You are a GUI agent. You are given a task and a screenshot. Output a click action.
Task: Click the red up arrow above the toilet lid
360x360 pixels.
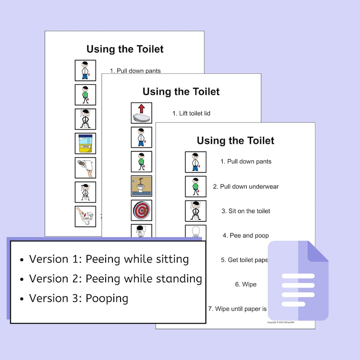point(141,108)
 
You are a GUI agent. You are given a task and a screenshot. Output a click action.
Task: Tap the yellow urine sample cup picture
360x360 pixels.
point(85,143)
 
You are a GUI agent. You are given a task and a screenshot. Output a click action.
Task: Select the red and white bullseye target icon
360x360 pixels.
point(141,210)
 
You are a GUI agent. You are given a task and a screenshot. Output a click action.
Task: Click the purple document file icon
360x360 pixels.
point(298,281)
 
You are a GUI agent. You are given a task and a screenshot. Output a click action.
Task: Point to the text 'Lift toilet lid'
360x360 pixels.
point(191,113)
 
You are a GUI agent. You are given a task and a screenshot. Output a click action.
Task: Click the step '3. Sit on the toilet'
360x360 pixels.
point(245,211)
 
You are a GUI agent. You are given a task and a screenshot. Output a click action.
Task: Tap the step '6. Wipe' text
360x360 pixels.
point(245,284)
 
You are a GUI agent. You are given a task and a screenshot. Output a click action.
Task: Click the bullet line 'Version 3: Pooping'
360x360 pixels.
point(78,298)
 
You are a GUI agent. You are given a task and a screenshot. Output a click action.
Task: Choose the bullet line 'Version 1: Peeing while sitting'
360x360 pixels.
point(109,259)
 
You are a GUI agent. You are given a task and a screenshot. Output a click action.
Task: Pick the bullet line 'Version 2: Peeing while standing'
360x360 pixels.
point(115,278)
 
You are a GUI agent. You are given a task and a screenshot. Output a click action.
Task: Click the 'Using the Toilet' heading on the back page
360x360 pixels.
point(125,49)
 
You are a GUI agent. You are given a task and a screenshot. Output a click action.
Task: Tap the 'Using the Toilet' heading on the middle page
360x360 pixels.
point(181,92)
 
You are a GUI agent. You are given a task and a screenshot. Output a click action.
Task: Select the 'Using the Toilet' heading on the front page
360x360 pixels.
point(235,141)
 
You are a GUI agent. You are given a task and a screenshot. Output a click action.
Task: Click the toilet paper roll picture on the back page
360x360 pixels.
point(85,168)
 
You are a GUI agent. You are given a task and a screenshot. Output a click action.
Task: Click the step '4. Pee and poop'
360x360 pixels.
point(245,235)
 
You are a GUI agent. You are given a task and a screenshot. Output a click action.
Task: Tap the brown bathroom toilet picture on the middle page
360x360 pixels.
point(141,186)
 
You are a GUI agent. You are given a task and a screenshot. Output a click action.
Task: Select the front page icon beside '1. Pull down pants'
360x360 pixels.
point(195,162)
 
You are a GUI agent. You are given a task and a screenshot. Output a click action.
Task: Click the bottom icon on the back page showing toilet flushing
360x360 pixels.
point(85,216)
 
